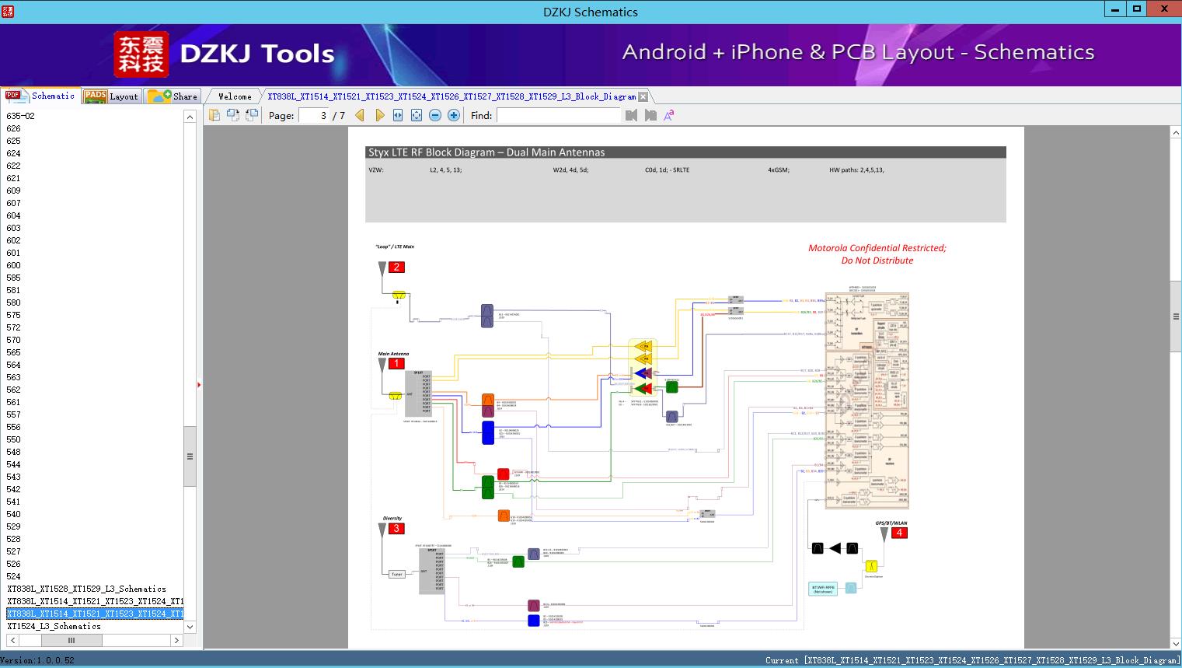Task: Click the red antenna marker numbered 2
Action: pyautogui.click(x=396, y=268)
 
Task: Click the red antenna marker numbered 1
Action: pyautogui.click(x=396, y=363)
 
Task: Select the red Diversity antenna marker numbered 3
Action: pyautogui.click(x=396, y=529)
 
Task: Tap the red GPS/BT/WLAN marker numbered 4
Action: pyautogui.click(x=899, y=533)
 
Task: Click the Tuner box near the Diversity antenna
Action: pyautogui.click(x=397, y=574)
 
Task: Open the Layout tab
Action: pyautogui.click(x=113, y=96)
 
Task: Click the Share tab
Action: pyautogui.click(x=173, y=96)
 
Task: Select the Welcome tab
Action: pyautogui.click(x=235, y=96)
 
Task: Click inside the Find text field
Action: pyautogui.click(x=559, y=115)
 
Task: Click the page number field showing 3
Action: pyautogui.click(x=314, y=115)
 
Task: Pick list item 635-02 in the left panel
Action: pyautogui.click(x=21, y=116)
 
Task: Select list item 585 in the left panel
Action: pyautogui.click(x=14, y=278)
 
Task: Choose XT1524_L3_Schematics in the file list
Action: pyautogui.click(x=54, y=626)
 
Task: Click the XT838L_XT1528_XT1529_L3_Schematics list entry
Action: pyautogui.click(x=86, y=589)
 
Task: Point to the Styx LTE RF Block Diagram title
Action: pyautogui.click(x=486, y=152)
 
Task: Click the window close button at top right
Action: pyautogui.click(x=1164, y=9)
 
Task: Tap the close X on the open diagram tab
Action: pyautogui.click(x=643, y=97)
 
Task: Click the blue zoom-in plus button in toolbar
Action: pyautogui.click(x=454, y=115)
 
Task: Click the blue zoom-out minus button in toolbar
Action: pyautogui.click(x=435, y=115)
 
